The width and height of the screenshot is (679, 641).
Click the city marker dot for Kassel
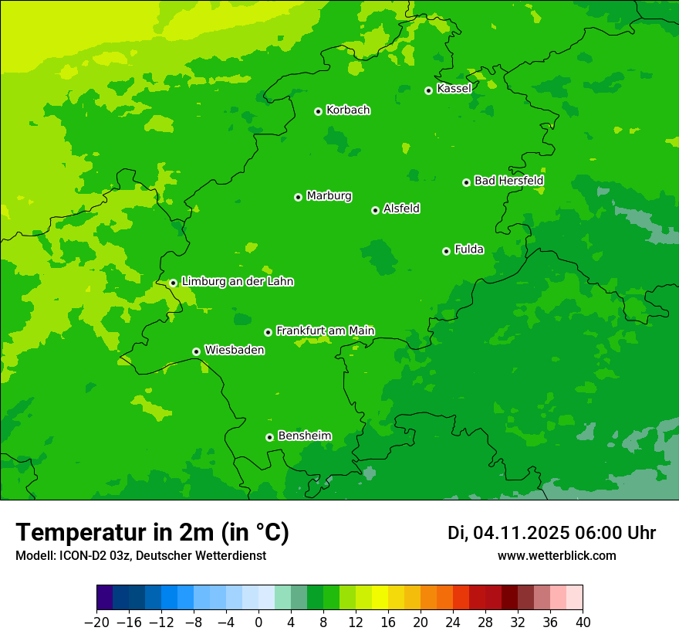tap(428, 90)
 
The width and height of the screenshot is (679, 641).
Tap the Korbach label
tap(348, 110)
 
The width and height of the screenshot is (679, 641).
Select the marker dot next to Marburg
tap(298, 197)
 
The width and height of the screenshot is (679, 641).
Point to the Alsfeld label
tap(401, 209)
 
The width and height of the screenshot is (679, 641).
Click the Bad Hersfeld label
tap(508, 181)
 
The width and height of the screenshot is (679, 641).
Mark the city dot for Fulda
tap(446, 251)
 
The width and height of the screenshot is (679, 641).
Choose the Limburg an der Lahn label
tap(237, 282)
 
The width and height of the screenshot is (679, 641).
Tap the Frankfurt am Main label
tap(325, 331)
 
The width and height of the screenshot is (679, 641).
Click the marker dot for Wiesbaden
tap(196, 351)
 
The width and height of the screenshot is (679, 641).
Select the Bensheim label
tap(304, 436)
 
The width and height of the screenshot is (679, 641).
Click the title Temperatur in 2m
tap(152, 533)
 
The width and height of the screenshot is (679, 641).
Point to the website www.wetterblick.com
tap(556, 555)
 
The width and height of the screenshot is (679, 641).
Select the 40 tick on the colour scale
tap(583, 622)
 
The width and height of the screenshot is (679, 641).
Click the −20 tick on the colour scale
tap(97, 622)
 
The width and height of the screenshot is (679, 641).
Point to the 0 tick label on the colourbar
tap(258, 622)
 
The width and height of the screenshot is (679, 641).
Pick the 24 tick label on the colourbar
tap(453, 622)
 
